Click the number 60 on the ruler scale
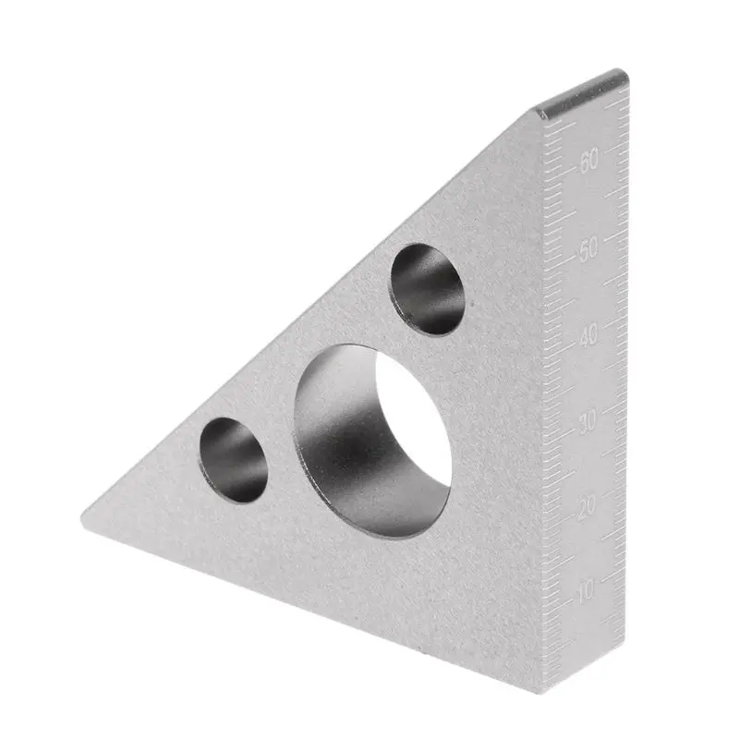[x=589, y=160]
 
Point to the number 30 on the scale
[x=588, y=420]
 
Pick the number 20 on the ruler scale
[x=588, y=506]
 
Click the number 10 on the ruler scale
[x=587, y=589]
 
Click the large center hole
[x=372, y=441]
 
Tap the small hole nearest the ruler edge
[x=427, y=289]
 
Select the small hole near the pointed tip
[x=234, y=460]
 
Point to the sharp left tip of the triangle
[x=82, y=516]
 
